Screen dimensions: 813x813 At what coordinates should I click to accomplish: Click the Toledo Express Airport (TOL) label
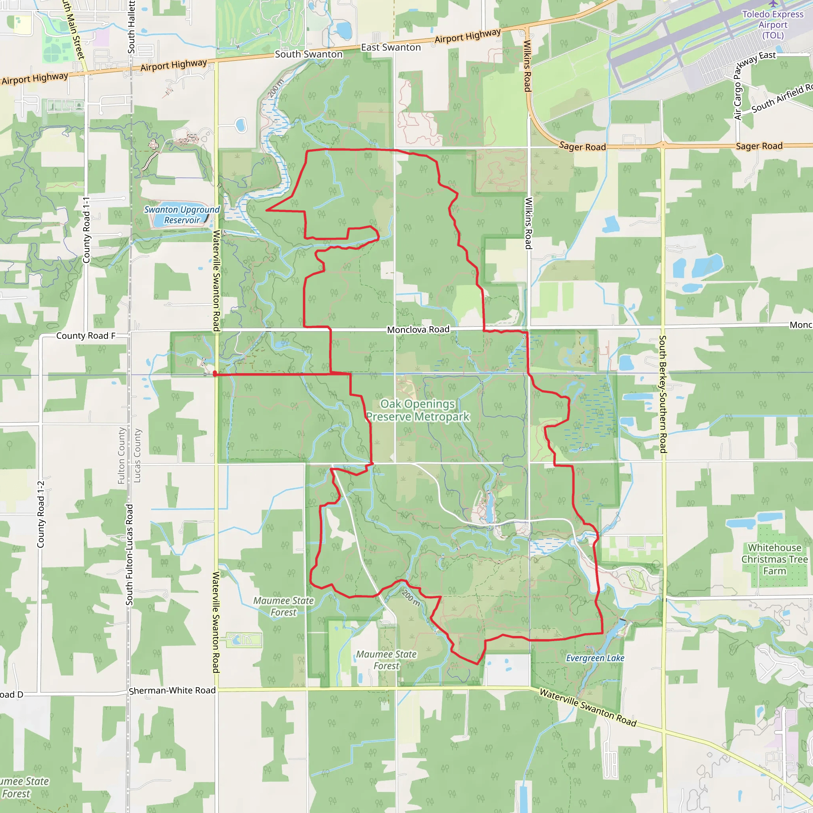(773, 24)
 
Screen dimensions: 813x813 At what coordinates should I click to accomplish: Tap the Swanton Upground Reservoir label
(182, 215)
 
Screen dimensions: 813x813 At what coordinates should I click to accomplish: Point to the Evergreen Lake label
(595, 658)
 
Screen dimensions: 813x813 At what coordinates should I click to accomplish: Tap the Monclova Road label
(418, 329)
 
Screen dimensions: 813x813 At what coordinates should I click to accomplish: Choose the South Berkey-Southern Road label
(663, 394)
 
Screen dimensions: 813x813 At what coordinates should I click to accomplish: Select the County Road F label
(86, 336)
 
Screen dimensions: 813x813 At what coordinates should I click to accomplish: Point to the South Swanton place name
(308, 54)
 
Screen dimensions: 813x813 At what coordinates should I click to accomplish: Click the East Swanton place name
(391, 48)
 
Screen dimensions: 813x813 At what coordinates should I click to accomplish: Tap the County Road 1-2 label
(41, 514)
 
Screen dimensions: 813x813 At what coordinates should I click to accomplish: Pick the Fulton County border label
(121, 455)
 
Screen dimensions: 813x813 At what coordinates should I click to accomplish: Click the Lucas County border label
(137, 455)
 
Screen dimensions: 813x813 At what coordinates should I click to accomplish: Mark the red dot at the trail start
(215, 373)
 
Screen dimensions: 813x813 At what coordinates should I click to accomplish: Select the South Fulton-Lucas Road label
(129, 555)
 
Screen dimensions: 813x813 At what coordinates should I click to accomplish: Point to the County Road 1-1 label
(86, 230)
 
